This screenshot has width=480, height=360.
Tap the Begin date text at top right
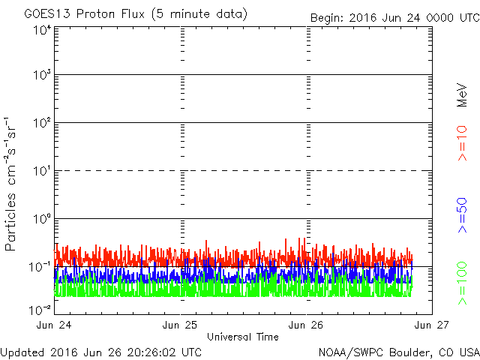click(x=395, y=18)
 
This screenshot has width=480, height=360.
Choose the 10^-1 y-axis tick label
click(x=40, y=267)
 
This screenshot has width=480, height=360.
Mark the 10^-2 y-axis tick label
click(x=40, y=310)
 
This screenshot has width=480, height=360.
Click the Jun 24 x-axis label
click(x=54, y=325)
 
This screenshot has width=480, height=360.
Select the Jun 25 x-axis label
click(x=180, y=325)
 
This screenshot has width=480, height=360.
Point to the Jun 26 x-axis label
click(x=306, y=325)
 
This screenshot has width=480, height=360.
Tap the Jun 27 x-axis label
click(x=432, y=325)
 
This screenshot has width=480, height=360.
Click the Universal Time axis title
click(x=243, y=337)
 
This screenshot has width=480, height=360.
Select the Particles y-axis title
click(x=10, y=184)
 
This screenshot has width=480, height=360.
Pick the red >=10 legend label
click(x=462, y=143)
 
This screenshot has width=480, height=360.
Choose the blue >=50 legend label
click(x=462, y=215)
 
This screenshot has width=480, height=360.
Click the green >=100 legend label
click(x=462, y=283)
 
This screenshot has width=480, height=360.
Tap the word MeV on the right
click(x=462, y=95)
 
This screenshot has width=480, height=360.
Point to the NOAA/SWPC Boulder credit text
click(x=399, y=352)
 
